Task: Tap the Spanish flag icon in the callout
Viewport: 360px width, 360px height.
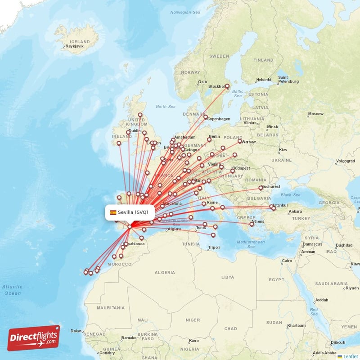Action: pos(113,212)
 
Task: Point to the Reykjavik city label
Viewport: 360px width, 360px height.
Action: pos(76,46)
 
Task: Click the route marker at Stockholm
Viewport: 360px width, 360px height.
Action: pos(227,86)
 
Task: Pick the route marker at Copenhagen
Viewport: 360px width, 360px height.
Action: pos(206,117)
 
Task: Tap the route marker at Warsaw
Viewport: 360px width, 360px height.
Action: pos(240,141)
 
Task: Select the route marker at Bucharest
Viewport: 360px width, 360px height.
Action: pos(261,188)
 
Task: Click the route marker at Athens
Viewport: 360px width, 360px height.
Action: pos(252,224)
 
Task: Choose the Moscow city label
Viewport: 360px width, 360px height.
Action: pos(315,114)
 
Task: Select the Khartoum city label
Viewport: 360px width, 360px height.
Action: pos(297,325)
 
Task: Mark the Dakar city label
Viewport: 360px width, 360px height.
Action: pos(76,331)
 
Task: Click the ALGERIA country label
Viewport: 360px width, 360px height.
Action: pos(165,273)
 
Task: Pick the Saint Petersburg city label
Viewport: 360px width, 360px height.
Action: pos(288,79)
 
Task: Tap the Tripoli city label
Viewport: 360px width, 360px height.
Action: pos(214,247)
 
